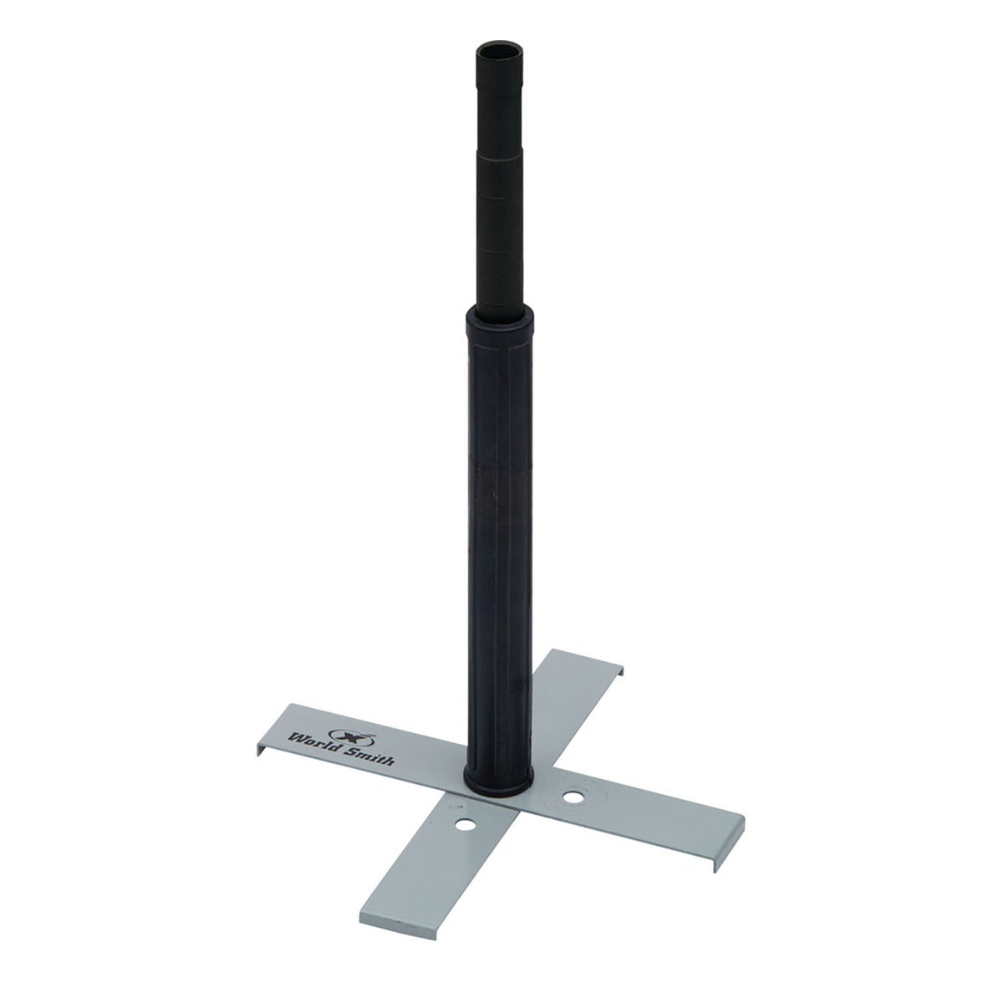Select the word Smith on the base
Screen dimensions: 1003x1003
point(370,756)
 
